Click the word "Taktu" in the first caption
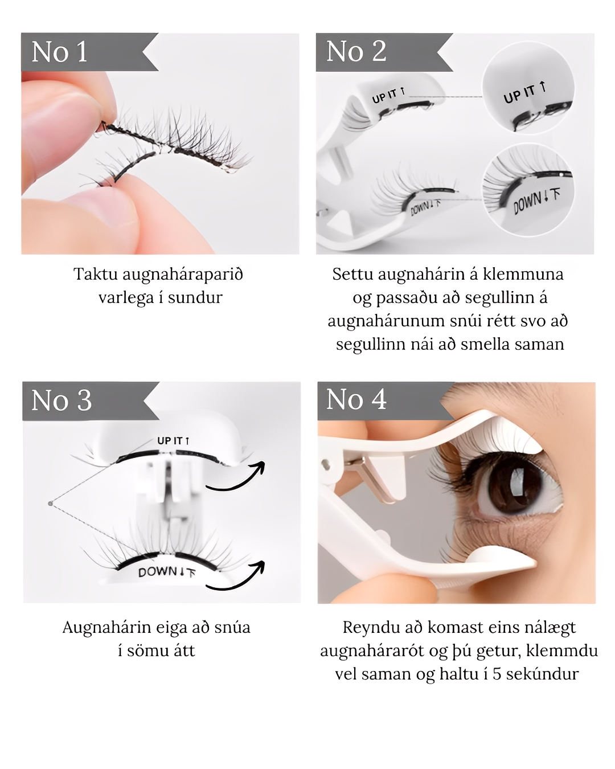(x=96, y=275)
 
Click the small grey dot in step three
(x=50, y=504)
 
